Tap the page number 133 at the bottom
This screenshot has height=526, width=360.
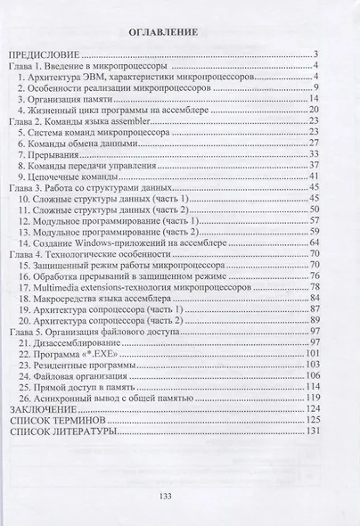tap(164, 497)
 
